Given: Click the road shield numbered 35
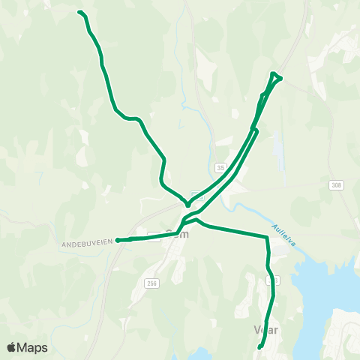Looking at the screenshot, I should pos(220,167).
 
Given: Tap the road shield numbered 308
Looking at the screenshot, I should pos(335,184).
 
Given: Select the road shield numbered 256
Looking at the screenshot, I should pos(152,283).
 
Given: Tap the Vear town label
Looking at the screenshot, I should pos(267,330).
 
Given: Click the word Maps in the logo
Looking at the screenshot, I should pos(33,347).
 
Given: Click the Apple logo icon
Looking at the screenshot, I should pos(12,347).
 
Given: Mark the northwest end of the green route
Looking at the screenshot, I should pos(79,12).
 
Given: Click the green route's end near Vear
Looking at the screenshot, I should pos(259,347).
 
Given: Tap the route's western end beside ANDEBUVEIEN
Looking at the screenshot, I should pos(118,241).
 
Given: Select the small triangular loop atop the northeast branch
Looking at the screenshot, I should pos(275,76).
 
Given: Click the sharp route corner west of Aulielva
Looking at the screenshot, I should pos(266,238).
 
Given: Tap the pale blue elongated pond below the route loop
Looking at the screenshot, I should pos(278,150).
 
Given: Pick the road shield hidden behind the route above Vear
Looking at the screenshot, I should pos(271,280).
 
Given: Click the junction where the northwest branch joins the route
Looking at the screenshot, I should pos(187,202).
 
